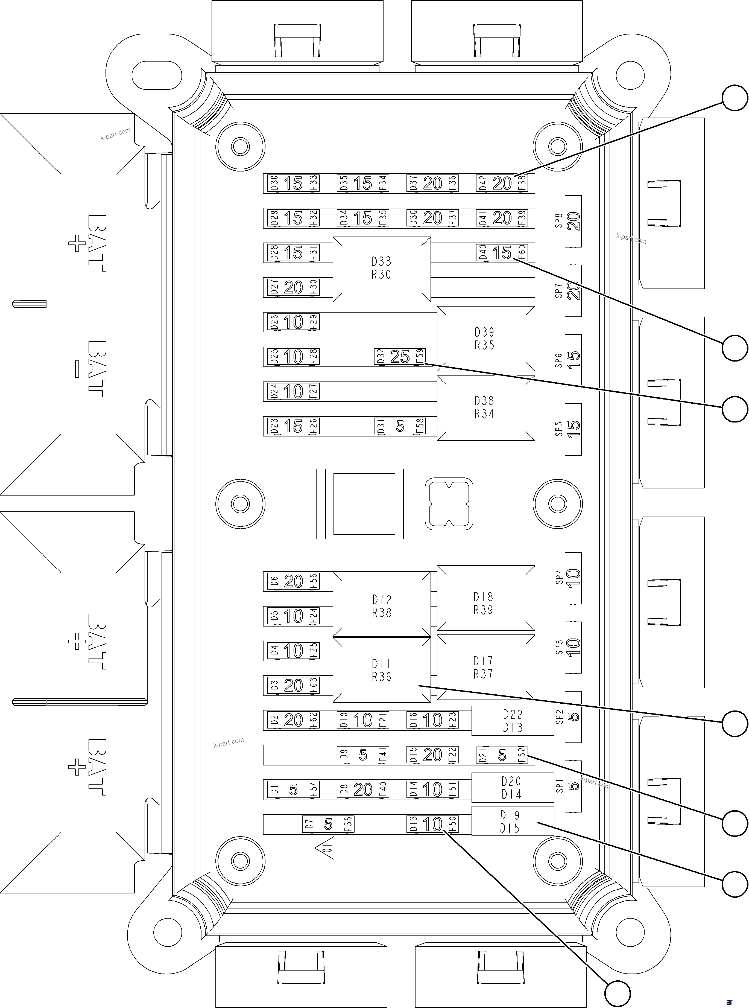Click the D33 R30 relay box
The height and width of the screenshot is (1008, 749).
[381, 269]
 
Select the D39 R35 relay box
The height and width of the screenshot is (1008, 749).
[485, 338]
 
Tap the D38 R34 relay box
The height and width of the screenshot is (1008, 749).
[485, 407]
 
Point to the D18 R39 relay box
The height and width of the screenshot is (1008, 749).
[485, 598]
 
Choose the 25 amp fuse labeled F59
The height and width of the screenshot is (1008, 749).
[400, 356]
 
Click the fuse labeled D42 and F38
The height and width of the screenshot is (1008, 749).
[502, 183]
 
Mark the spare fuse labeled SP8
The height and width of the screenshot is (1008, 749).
[573, 221]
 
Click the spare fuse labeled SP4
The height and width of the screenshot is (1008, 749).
[573, 578]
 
